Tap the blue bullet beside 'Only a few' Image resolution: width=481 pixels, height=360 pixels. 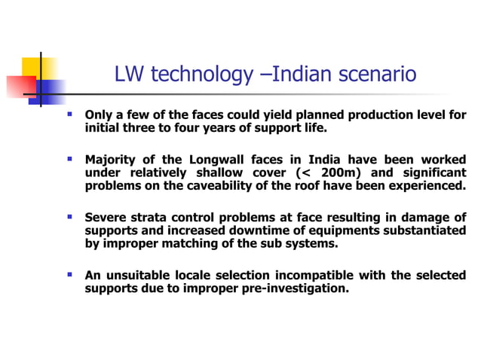(69, 115)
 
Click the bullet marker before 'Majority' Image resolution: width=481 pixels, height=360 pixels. (69, 160)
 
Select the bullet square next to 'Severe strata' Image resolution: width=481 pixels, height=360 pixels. (69, 217)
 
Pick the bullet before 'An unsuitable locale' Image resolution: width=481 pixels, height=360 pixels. (69, 274)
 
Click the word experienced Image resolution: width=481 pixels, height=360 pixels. (427, 185)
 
